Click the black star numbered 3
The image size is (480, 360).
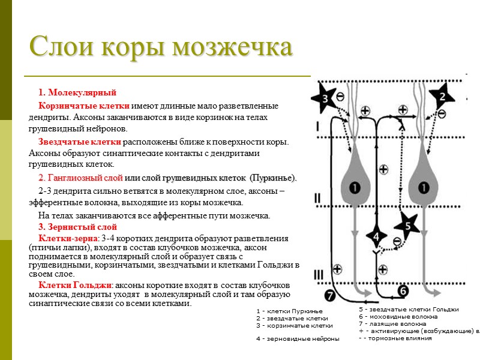coord(326,98)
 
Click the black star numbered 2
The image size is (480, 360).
coord(442,96)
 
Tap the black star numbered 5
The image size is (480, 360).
coord(407,226)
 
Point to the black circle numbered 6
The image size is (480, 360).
coord(403,291)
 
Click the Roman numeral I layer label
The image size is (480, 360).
coord(317,125)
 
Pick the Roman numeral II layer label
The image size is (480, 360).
coord(317,198)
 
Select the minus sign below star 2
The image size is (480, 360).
coord(442,112)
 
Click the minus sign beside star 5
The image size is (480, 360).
coord(396,241)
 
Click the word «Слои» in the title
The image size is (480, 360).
coord(59,47)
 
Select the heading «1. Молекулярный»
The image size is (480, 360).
coord(77,92)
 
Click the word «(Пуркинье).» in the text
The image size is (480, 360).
coord(273,178)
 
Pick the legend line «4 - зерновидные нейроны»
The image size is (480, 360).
coord(297,339)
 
